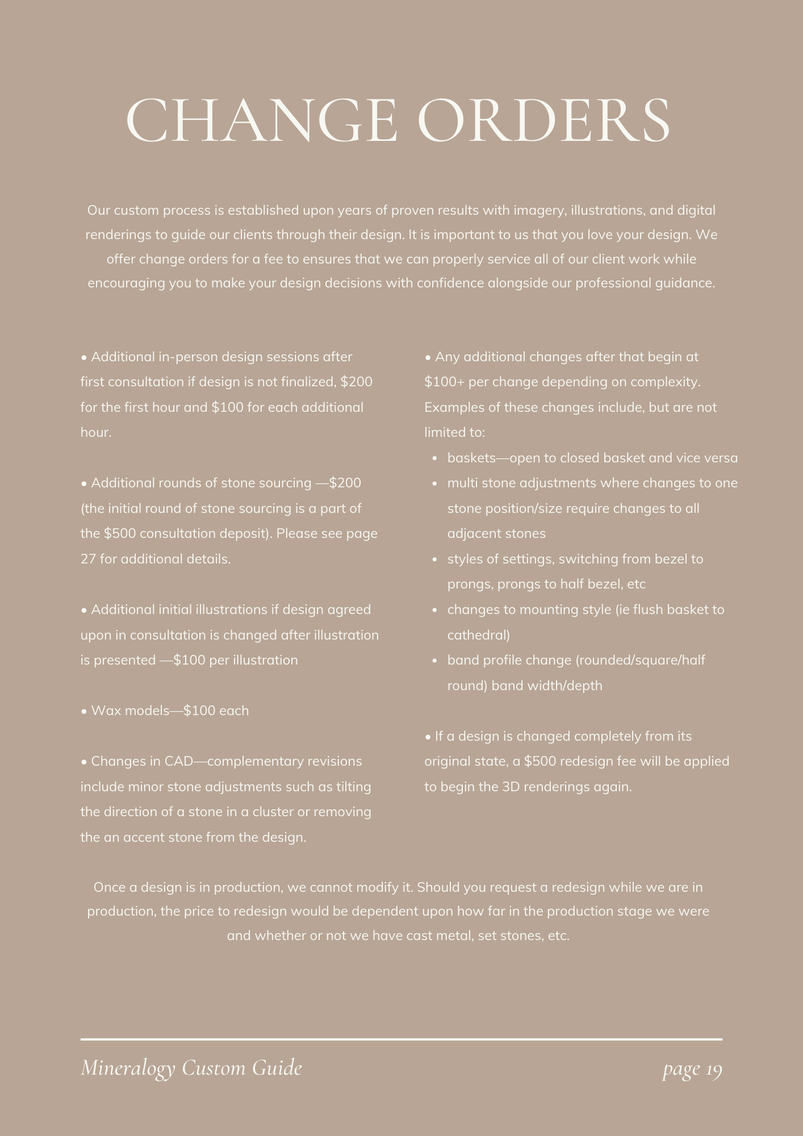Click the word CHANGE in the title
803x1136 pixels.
point(261,120)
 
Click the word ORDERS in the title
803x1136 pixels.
point(543,120)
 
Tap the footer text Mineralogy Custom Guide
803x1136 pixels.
point(191,1068)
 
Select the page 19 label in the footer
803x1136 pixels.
point(692,1070)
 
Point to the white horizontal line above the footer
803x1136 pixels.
point(401,1039)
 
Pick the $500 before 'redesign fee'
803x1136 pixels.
point(539,762)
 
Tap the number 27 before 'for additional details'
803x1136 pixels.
point(88,559)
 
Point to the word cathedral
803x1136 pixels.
point(479,636)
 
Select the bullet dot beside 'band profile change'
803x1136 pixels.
point(434,661)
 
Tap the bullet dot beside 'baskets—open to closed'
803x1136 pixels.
point(434,458)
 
